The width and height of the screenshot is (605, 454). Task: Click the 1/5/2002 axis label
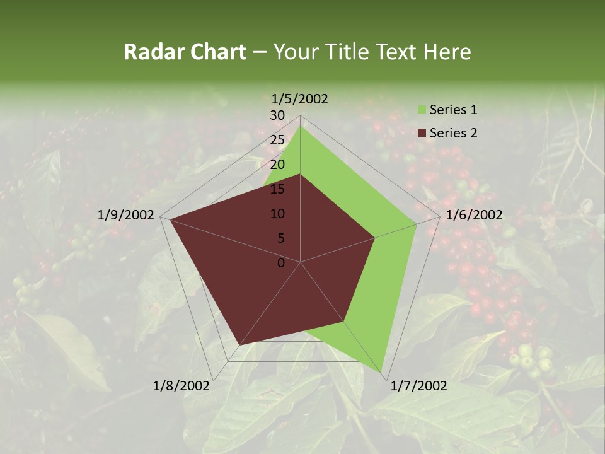tap(299, 99)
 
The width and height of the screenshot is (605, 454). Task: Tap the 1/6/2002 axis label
tap(474, 215)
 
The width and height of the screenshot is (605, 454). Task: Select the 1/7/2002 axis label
tap(419, 386)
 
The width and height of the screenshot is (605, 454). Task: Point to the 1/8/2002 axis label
tap(181, 386)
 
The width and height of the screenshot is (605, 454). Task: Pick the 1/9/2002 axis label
tap(126, 215)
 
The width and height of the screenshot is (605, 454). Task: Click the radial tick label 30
tap(277, 115)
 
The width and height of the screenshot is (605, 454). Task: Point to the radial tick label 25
tap(277, 140)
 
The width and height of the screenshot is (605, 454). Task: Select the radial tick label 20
tap(277, 165)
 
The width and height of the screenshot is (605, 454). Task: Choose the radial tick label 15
tap(277, 189)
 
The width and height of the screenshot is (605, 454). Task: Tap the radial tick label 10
tap(277, 214)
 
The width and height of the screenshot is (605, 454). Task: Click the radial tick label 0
tap(281, 263)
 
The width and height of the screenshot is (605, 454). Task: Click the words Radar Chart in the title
tap(185, 52)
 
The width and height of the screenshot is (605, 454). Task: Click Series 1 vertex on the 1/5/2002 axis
tap(300, 126)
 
